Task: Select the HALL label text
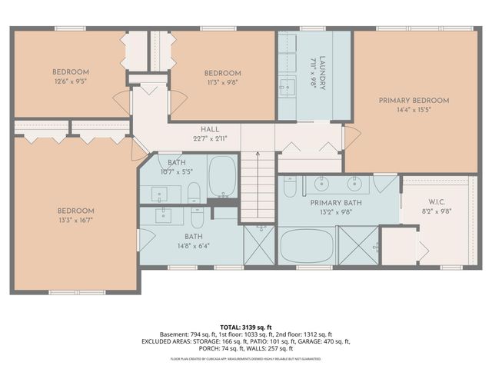[210, 129]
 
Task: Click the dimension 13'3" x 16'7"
[75, 219]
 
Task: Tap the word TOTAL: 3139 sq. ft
[246, 326]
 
